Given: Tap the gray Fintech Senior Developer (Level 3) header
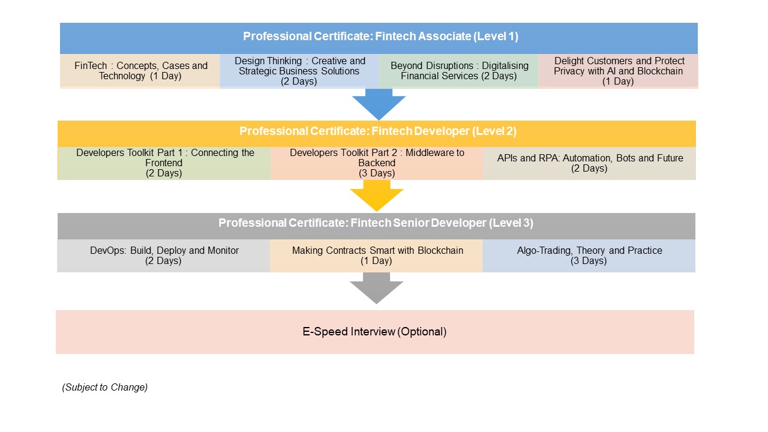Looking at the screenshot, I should pos(376,224).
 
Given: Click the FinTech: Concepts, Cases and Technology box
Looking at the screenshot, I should pos(140,71).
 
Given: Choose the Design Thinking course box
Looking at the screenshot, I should pos(299,71).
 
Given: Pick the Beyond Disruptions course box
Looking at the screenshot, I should pos(459,71).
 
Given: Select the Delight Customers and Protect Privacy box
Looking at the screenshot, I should pos(619,71).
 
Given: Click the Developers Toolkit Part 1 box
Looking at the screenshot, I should pos(164,163).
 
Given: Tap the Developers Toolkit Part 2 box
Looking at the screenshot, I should pos(376,163).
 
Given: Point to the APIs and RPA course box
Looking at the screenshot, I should pos(589,163).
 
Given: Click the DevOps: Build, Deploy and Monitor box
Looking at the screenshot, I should pos(164,256).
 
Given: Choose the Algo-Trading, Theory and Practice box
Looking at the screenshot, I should pos(589,256).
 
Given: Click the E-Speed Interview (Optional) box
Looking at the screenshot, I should pos(375,332).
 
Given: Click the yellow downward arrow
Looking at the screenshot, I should pos(377,196).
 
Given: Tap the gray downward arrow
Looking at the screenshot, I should pos(376,289).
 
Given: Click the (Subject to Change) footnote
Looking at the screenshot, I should pos(105,388).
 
